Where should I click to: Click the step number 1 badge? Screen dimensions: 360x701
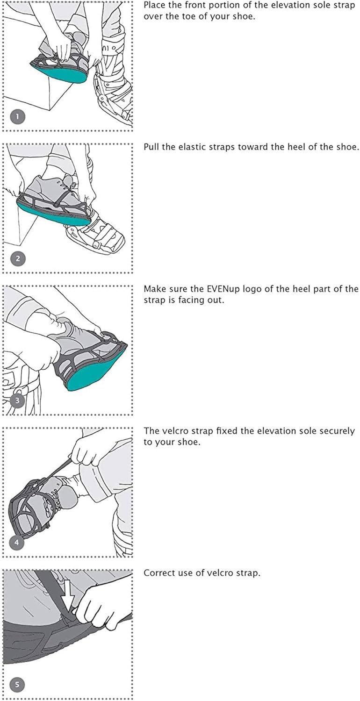17,117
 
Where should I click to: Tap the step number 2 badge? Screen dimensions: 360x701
17,259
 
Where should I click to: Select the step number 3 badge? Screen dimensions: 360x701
17,401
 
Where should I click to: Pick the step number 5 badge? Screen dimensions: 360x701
17,685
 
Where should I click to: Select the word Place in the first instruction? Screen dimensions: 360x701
154,6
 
